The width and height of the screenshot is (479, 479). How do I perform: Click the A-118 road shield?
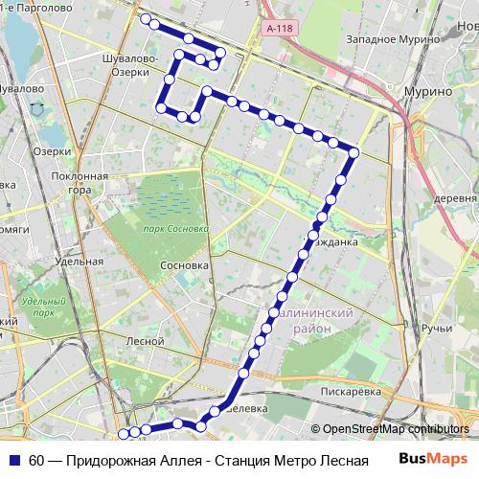pyautogui.click(x=279, y=30)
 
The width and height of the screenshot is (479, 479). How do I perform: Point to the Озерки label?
pyautogui.click(x=52, y=151)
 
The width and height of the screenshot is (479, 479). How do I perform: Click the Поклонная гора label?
pyautogui.click(x=80, y=183)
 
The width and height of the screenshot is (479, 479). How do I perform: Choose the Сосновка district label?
pyautogui.click(x=185, y=265)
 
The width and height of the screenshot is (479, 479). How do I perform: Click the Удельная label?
pyautogui.click(x=79, y=262)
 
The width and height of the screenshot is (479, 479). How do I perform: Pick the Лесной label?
pyautogui.click(x=145, y=340)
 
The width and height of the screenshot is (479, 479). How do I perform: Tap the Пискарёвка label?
pyautogui.click(x=352, y=391)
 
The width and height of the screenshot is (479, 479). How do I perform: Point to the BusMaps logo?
pyautogui.click(x=432, y=460)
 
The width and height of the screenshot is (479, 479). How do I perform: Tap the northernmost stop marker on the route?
pyautogui.click(x=145, y=19)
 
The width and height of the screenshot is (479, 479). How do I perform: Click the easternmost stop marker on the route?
pyautogui.click(x=354, y=151)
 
